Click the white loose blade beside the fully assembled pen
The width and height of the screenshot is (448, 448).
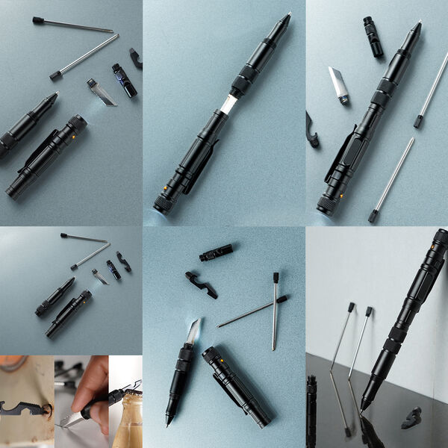[338, 84]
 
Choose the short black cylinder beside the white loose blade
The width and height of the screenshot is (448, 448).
[373, 37]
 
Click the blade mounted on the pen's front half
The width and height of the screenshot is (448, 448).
[192, 332]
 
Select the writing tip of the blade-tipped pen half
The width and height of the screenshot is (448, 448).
[169, 423]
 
